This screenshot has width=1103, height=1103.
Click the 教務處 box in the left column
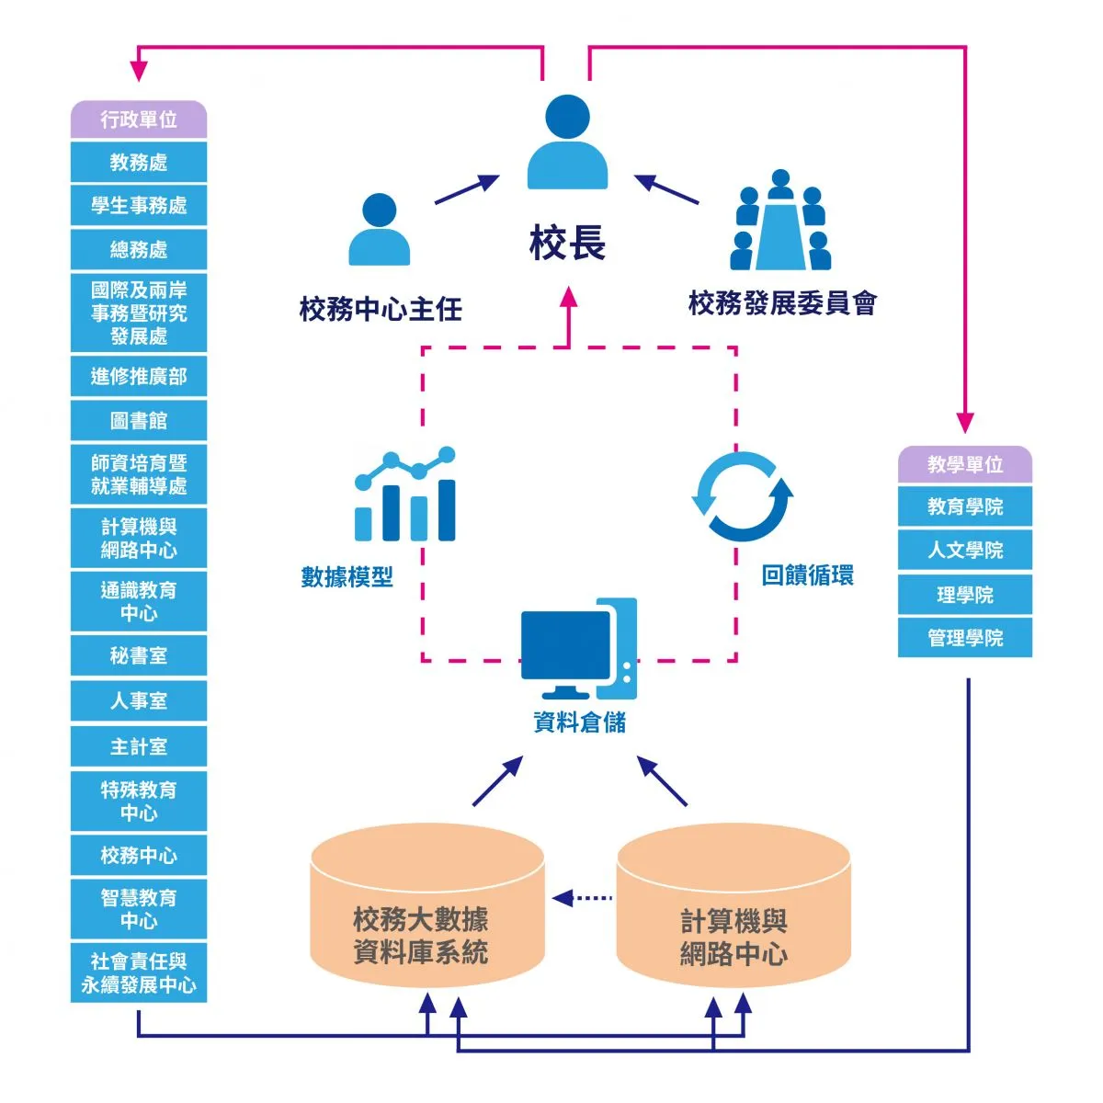point(139,163)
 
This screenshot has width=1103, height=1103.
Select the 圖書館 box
point(139,421)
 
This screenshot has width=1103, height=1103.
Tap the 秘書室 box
point(139,656)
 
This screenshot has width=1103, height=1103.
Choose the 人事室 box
point(139,701)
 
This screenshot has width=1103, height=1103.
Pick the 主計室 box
point(139,747)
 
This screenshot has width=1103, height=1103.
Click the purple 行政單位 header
point(139,119)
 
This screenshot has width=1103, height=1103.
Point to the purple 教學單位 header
point(964,465)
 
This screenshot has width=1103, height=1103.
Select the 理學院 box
point(964,596)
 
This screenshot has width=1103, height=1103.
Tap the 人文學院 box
point(964,551)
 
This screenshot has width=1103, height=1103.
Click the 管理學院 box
point(964,638)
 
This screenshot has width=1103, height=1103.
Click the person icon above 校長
point(567,142)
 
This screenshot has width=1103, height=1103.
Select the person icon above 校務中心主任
point(379,230)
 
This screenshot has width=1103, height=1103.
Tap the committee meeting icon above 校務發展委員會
point(780,221)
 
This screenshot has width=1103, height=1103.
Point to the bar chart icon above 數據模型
point(405,495)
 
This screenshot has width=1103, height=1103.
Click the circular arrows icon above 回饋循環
point(742,496)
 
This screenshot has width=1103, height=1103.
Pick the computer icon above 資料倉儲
point(578,649)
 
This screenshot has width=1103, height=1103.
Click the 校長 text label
point(567,244)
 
